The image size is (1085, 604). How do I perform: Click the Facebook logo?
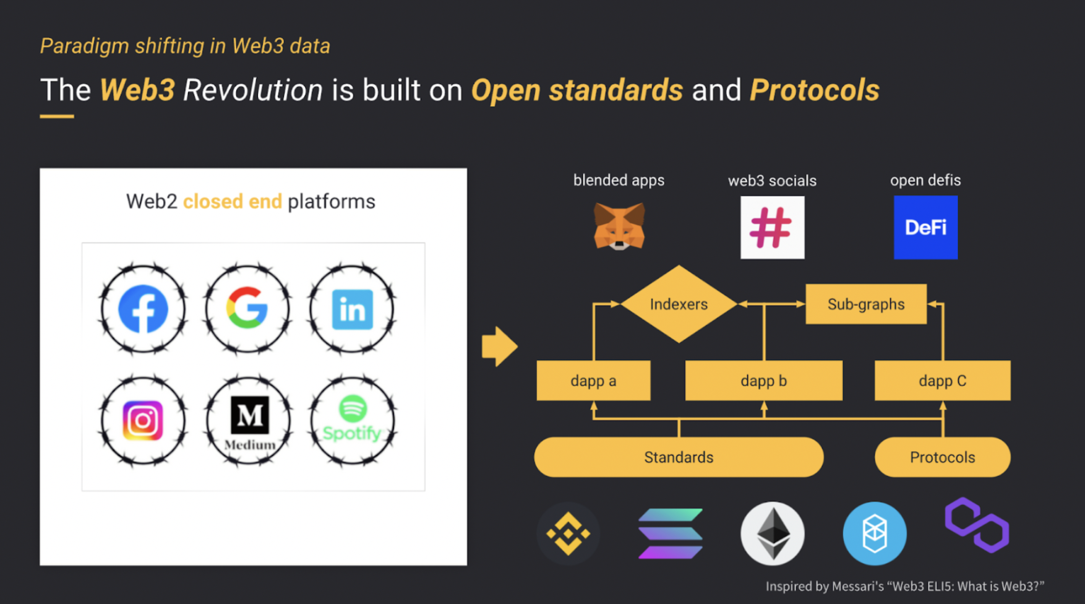tap(143, 309)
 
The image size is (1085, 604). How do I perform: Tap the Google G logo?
tap(247, 308)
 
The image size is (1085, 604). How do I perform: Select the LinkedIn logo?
tap(353, 309)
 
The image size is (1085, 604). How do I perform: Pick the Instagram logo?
tap(143, 421)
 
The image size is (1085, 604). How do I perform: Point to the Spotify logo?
tap(353, 419)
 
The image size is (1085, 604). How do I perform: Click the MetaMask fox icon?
tap(619, 226)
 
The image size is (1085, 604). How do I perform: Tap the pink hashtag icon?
tap(773, 228)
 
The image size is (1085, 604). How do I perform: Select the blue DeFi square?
tap(925, 227)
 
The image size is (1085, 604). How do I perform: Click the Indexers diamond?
tap(679, 304)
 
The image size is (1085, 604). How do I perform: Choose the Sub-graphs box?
tap(866, 304)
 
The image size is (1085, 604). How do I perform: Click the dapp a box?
tap(593, 381)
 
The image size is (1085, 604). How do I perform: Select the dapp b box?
tap(764, 381)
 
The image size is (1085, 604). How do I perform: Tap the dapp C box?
tap(943, 381)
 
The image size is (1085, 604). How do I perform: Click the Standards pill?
tap(679, 457)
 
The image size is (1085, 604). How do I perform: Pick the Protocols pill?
tap(943, 457)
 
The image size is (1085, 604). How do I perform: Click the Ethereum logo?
tap(773, 533)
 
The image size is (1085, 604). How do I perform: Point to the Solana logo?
tap(670, 533)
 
